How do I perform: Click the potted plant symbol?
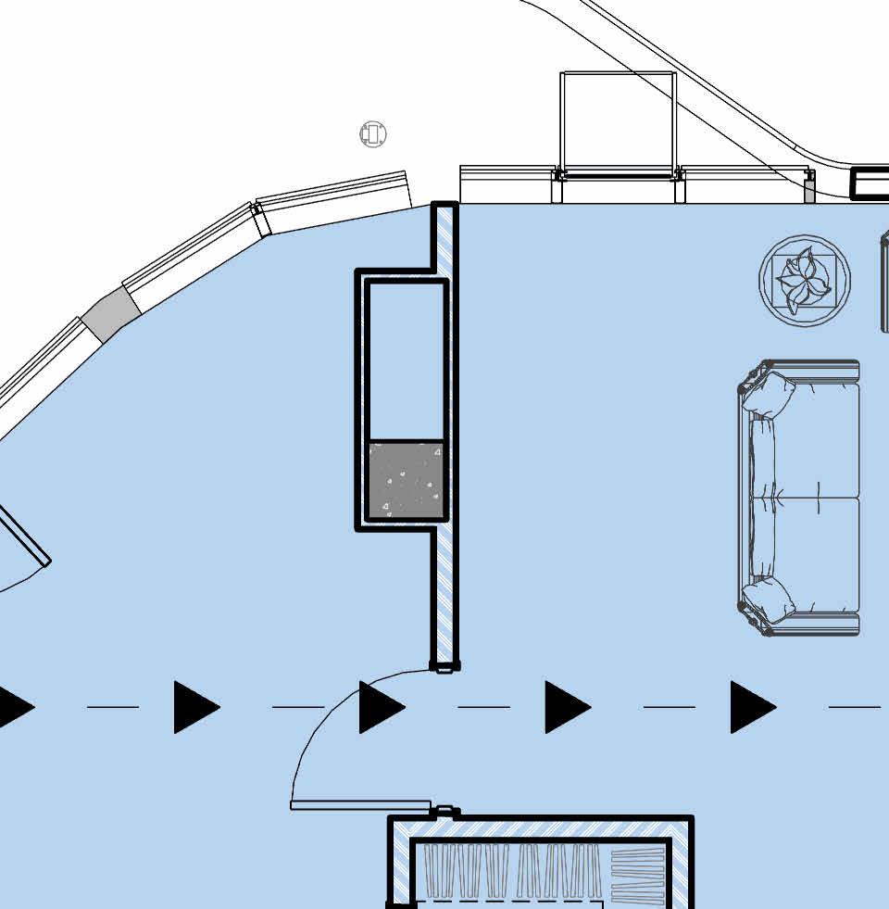(x=804, y=280)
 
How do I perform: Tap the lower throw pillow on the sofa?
(x=770, y=600)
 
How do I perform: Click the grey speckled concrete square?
(x=406, y=480)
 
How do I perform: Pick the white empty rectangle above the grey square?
(x=407, y=360)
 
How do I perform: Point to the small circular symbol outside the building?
(x=372, y=133)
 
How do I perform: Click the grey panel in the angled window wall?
(x=110, y=314)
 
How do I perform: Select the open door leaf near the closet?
(x=361, y=805)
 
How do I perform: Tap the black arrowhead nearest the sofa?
(x=751, y=707)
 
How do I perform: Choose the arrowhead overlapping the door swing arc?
(x=380, y=707)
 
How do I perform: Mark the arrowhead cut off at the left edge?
(x=13, y=707)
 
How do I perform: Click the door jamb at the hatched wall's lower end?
(x=444, y=666)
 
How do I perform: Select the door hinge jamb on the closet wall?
(x=445, y=812)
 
